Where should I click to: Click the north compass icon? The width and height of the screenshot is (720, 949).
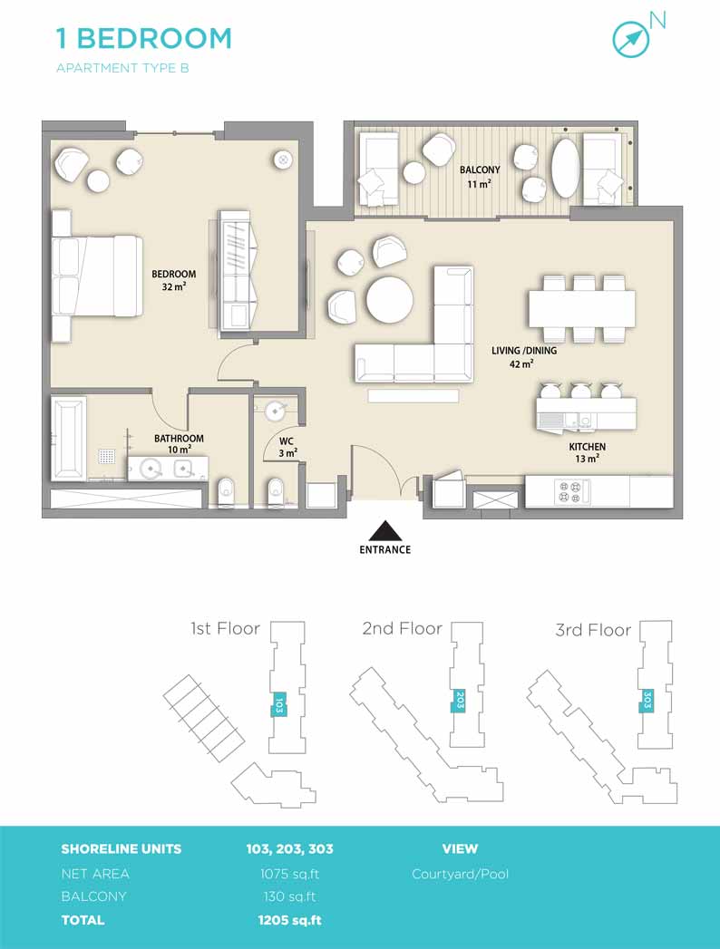[x=631, y=39]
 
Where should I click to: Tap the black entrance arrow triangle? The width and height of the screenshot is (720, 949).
[x=385, y=531]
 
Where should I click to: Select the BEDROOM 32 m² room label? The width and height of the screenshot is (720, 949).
[x=174, y=280]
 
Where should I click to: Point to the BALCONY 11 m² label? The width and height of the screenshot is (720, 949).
[x=480, y=177]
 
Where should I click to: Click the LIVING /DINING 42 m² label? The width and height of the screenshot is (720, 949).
[x=524, y=357]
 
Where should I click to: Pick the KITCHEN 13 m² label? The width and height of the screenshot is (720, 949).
[x=587, y=452]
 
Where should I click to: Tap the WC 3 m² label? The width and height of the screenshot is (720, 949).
[x=287, y=447]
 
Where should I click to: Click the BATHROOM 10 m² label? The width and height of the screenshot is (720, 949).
[x=179, y=443]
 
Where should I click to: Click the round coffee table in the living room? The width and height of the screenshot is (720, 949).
[x=390, y=300]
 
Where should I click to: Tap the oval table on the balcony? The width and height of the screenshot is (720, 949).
[x=566, y=169]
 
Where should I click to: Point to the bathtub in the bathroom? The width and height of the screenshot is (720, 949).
[x=68, y=438]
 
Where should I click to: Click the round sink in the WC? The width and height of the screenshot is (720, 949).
[x=275, y=412]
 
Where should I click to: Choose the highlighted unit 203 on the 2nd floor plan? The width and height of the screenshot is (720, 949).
[x=460, y=701]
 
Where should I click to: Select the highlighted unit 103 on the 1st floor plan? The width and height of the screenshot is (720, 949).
[x=279, y=704]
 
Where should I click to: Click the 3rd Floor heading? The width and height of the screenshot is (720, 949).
[x=593, y=630]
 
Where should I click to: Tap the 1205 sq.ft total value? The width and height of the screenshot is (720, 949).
[x=289, y=920]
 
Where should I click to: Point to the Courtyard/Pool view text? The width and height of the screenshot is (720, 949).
[x=461, y=874]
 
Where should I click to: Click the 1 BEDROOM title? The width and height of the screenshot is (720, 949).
[x=144, y=38]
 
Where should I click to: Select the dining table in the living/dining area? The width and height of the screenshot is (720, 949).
[x=582, y=309]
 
